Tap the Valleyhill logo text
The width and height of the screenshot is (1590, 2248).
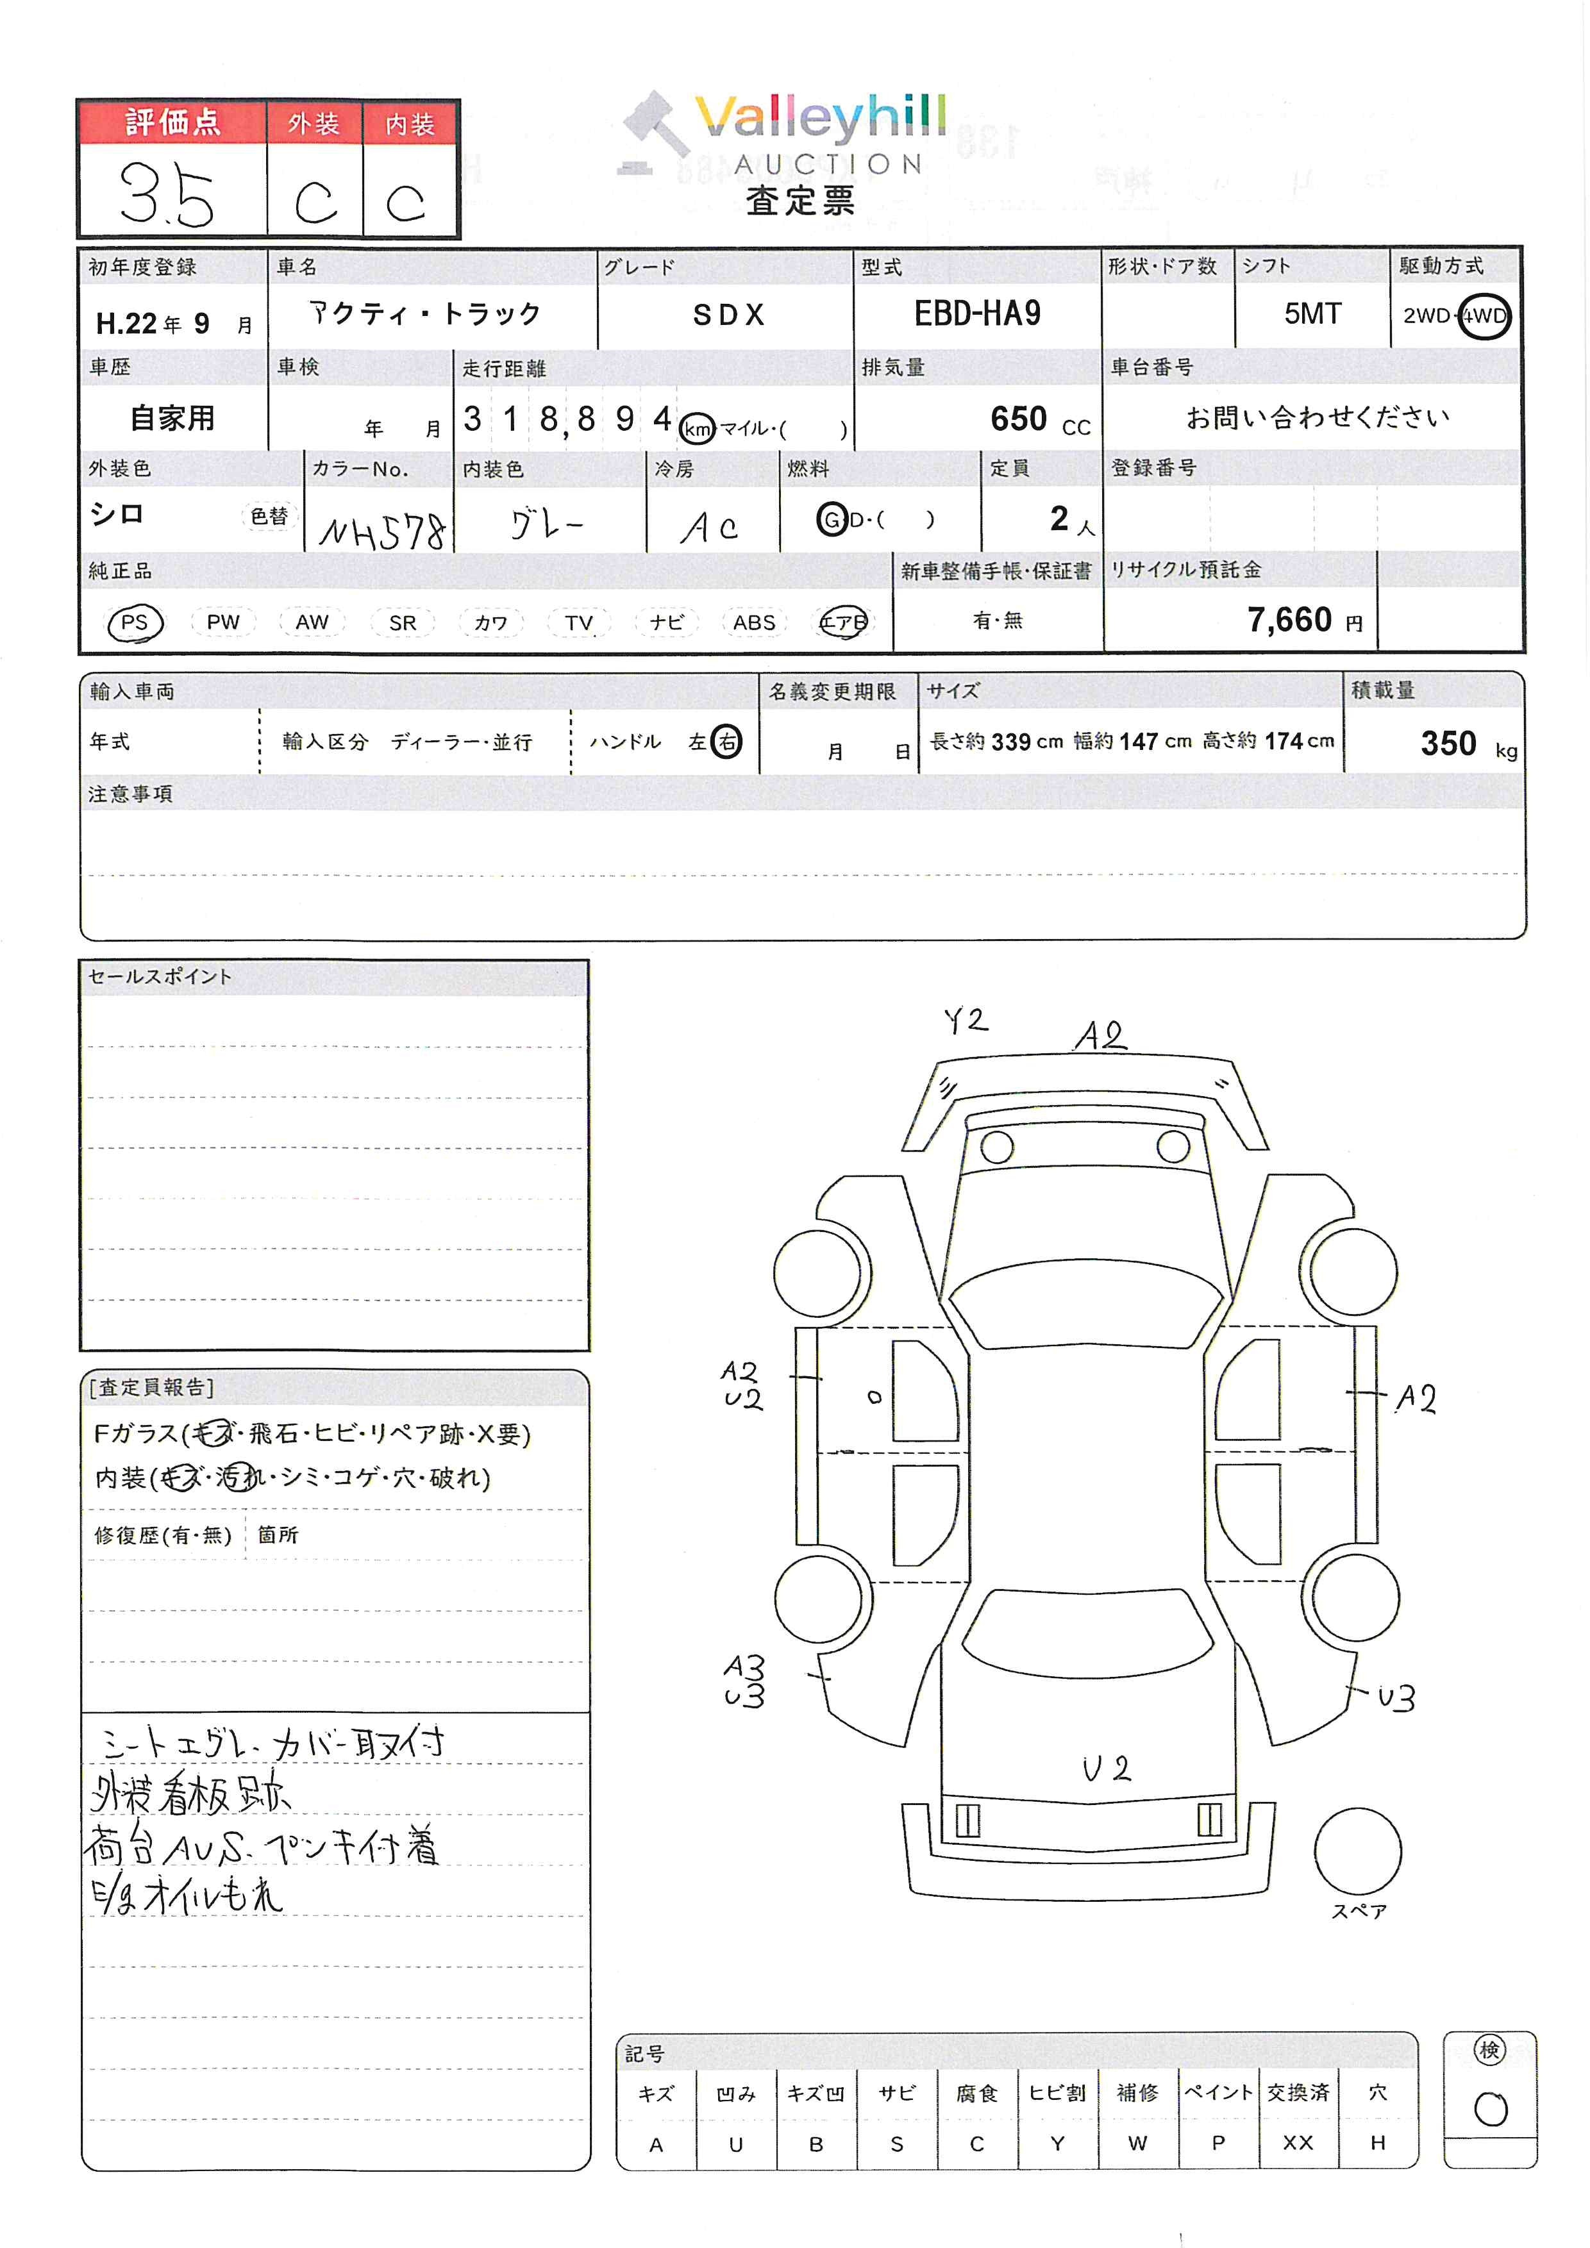click(821, 117)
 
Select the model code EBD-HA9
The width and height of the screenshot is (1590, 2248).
click(977, 313)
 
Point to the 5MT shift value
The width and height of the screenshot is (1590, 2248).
click(1312, 313)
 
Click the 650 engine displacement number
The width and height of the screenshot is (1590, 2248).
click(1018, 419)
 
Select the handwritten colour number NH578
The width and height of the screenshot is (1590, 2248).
click(382, 531)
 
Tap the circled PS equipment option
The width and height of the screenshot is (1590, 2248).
click(135, 622)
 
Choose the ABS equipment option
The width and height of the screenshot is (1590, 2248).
click(754, 622)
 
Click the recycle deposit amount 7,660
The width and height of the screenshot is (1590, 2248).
click(1289, 620)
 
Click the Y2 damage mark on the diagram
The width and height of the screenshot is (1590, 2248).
click(966, 1021)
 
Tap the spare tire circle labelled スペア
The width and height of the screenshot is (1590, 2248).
click(1358, 1851)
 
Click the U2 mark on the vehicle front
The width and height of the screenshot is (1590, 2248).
click(1107, 1767)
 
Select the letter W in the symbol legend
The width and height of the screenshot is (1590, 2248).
click(1137, 2144)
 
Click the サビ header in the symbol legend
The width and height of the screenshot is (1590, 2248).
click(897, 2092)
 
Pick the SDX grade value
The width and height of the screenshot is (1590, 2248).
click(728, 314)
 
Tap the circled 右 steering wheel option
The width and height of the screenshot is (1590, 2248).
click(726, 742)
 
